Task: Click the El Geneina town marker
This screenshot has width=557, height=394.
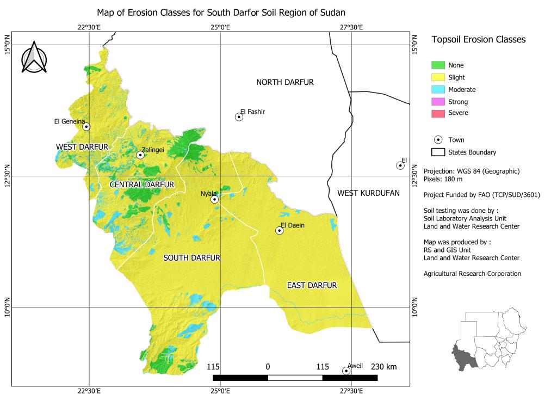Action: (86, 127)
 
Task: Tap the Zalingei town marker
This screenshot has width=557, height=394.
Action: (140, 155)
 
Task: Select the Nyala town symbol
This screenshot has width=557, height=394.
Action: (215, 200)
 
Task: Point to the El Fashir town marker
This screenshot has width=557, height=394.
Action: (239, 117)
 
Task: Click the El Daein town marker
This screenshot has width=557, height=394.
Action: (280, 231)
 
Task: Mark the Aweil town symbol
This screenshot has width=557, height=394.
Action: (346, 371)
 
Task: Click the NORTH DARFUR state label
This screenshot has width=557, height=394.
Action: (285, 82)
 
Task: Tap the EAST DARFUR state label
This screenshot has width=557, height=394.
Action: (312, 285)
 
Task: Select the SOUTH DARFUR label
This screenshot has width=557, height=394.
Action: (192, 258)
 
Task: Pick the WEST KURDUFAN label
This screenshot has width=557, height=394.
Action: (368, 193)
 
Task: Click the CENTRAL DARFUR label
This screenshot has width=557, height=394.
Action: (142, 185)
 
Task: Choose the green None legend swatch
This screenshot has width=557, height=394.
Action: (438, 65)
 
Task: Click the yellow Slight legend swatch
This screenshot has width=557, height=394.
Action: (438, 77)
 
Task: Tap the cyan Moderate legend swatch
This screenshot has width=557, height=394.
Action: (438, 89)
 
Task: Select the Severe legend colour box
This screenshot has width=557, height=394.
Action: (438, 113)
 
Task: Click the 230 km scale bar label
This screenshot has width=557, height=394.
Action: (383, 367)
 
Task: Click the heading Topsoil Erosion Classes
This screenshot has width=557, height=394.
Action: (478, 40)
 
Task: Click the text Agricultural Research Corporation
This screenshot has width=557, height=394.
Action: (472, 274)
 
